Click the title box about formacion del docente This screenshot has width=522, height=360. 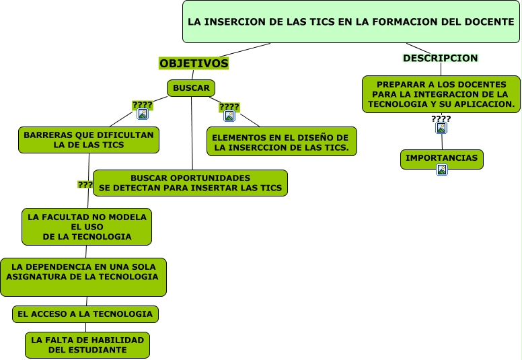coord(351,22)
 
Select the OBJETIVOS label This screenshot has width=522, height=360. coord(194,63)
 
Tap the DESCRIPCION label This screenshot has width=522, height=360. coord(440,58)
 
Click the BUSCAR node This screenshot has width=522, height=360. coord(191,88)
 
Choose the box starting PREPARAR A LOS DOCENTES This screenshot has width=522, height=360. coord(441,94)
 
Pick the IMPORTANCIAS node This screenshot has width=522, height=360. coord(442,159)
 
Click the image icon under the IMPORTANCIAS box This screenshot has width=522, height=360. coord(442,170)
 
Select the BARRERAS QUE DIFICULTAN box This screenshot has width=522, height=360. coord(89,139)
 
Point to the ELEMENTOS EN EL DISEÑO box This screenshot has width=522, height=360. coord(281,141)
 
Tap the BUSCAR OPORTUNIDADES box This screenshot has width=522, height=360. coord(190,182)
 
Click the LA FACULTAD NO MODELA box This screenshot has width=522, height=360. coord(87,227)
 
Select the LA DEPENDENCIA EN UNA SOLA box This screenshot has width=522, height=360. coord(83,277)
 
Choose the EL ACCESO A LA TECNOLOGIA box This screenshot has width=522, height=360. coord(85,314)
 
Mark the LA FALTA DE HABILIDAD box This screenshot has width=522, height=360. coord(87,345)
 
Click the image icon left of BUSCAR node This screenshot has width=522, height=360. coord(143,114)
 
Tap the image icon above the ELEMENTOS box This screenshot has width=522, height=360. coord(229,116)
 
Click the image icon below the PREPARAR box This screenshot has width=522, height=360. coord(441,128)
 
